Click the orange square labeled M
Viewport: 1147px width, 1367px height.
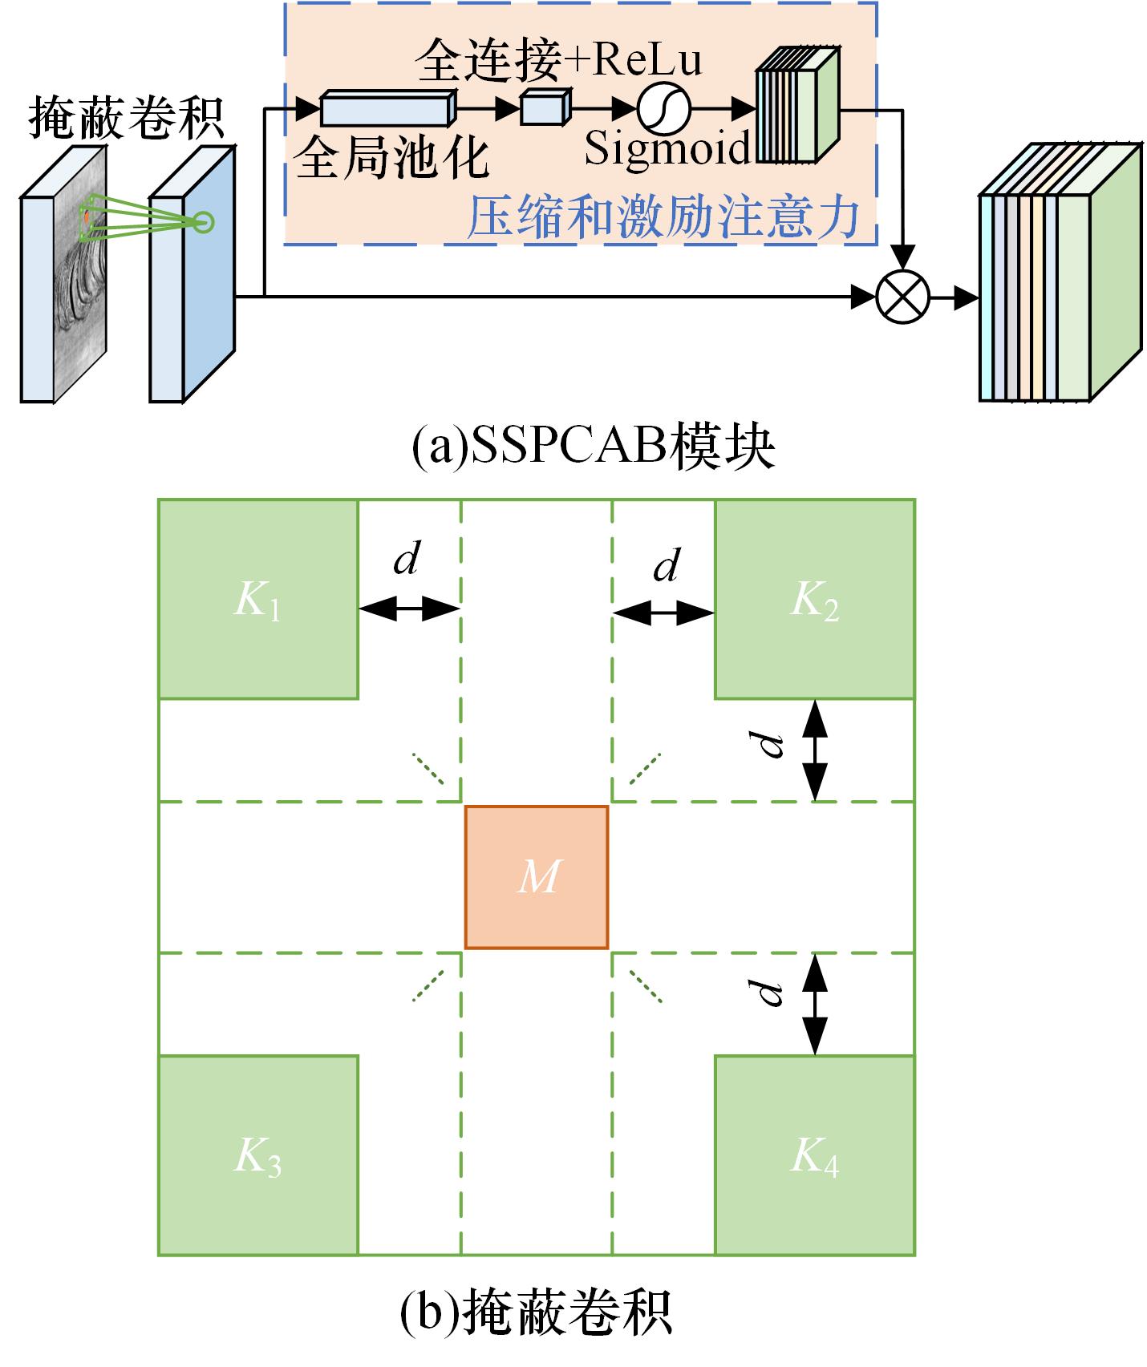coord(537,877)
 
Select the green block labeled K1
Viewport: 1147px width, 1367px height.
coord(258,599)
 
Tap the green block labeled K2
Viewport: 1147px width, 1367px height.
coord(814,599)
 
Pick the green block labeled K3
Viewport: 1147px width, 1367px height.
coord(258,1155)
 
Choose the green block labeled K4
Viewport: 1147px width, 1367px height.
coord(814,1155)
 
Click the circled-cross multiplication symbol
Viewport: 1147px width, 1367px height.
coord(903,297)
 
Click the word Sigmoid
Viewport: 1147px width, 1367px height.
coord(667,148)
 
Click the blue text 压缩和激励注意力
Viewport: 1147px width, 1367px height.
coord(663,216)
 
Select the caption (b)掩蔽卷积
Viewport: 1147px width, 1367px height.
coord(536,1312)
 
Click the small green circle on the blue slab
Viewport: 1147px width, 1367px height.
coord(204,222)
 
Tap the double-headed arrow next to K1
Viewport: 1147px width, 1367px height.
coord(409,609)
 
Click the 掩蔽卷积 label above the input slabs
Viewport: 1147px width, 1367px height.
coord(126,119)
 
